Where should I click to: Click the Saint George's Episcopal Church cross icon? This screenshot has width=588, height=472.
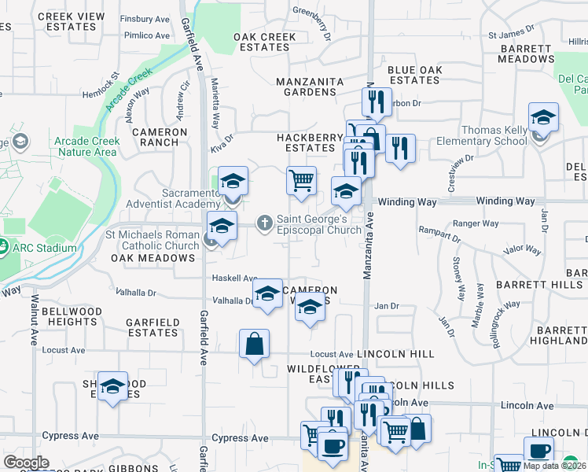266,223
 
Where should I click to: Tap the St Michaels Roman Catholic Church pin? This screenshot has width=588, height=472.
211,239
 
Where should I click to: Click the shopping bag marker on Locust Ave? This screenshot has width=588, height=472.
255,344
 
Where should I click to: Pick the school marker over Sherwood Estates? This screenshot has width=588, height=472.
113,386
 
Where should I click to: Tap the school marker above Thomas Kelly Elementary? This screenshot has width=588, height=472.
543,118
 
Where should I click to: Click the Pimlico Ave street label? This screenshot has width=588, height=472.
145,35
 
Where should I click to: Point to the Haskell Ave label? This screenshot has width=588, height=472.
234,278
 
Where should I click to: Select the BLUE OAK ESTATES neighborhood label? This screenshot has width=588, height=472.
414,75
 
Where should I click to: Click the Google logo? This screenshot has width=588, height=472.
26,463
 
